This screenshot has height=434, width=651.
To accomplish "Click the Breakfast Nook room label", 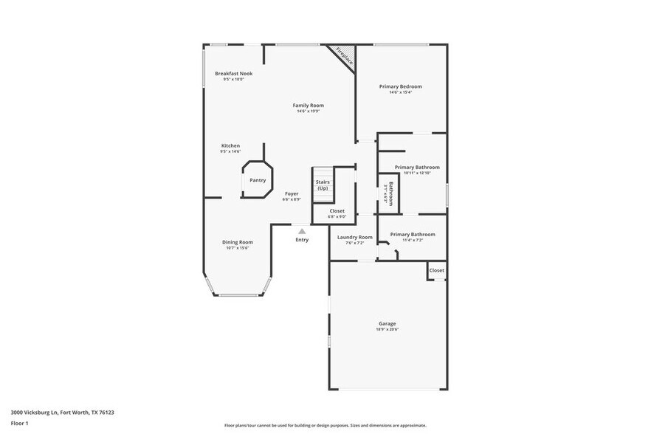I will (233, 74).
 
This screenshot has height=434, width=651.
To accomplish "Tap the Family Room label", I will (308, 106).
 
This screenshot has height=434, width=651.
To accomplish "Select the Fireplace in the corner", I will (344, 57).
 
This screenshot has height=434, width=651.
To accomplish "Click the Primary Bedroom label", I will (400, 87).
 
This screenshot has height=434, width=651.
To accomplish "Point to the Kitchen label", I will (230, 146).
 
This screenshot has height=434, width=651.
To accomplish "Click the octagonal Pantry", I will (258, 179).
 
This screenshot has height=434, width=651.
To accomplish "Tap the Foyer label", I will (292, 194).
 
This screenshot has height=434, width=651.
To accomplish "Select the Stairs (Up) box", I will (323, 185).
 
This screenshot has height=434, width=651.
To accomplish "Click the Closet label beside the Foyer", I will (337, 211).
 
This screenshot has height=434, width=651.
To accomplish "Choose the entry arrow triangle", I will (302, 231).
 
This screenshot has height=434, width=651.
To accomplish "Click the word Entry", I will (302, 240).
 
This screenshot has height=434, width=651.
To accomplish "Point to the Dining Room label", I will (238, 242).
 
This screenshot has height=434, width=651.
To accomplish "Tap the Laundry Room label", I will (354, 238).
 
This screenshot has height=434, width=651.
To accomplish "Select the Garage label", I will (387, 323).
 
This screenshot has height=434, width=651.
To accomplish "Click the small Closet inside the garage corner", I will (437, 271).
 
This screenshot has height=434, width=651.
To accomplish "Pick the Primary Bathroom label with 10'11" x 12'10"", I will (416, 168).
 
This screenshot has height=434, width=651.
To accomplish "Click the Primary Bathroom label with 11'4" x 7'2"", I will (413, 235).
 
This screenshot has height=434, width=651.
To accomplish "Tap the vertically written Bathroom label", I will (391, 194).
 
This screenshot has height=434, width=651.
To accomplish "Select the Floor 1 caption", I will (19, 423).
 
